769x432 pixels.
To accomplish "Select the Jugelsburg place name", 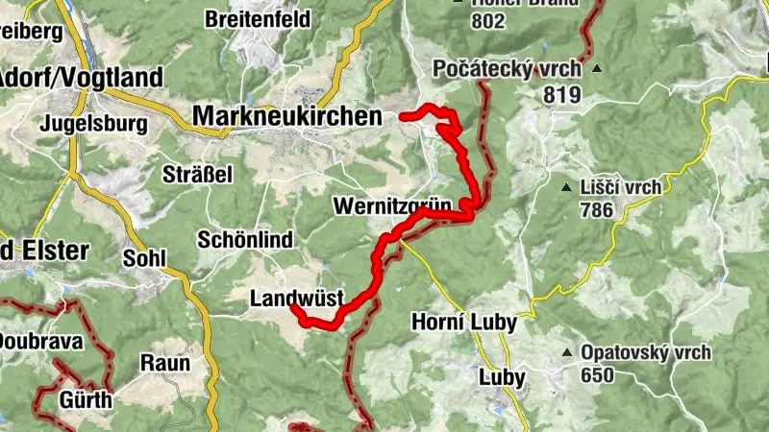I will point(94,124).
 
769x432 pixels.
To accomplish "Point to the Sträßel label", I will point(199,174).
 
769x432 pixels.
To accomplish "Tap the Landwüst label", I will point(296,299).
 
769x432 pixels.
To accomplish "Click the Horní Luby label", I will point(464,322).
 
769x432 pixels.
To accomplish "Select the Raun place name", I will point(165,363).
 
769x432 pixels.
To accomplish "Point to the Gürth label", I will point(87,399).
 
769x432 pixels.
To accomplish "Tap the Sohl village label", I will point(145,257).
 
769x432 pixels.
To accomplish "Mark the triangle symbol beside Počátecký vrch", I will point(597,69).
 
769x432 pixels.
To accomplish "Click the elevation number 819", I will point(561,94).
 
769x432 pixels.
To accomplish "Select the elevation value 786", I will point(596,210).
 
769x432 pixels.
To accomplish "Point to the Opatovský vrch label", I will point(645,352).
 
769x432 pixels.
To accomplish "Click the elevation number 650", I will point(596,375).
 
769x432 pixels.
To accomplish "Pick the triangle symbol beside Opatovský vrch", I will point(566,352).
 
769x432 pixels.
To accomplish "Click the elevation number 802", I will point(487,20).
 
